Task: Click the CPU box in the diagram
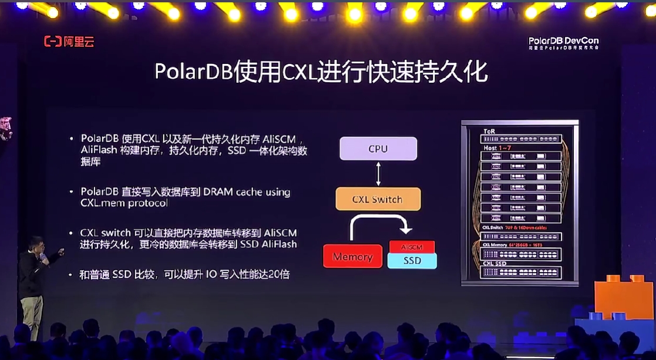tap(378, 149)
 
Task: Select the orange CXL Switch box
tap(378, 200)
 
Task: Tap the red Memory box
tap(352, 257)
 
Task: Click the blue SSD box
tap(412, 260)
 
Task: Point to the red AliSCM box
tap(412, 247)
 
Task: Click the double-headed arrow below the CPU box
tap(378, 174)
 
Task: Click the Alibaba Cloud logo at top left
tap(69, 42)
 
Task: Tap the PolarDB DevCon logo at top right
tap(563, 43)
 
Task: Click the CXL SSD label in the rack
tap(496, 264)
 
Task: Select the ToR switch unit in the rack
tap(520, 139)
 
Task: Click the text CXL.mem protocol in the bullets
tap(124, 203)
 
